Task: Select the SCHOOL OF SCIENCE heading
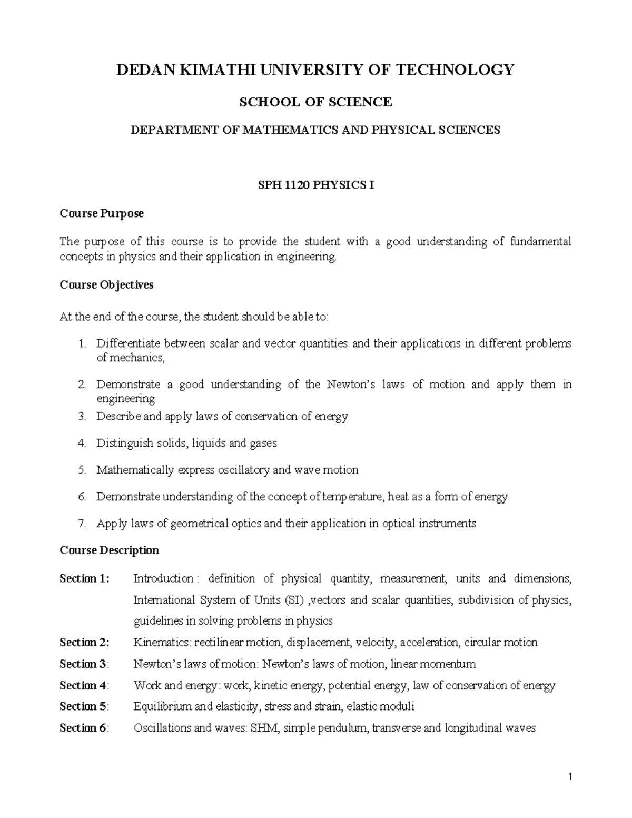click(x=315, y=102)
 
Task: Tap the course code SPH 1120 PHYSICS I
click(x=315, y=185)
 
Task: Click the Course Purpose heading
click(x=102, y=213)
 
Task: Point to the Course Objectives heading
click(x=106, y=285)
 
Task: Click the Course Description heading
click(x=109, y=550)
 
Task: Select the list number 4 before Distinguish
click(x=81, y=443)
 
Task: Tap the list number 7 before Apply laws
click(x=81, y=524)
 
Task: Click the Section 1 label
click(x=84, y=578)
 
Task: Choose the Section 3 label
click(x=84, y=664)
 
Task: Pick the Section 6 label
click(x=84, y=728)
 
